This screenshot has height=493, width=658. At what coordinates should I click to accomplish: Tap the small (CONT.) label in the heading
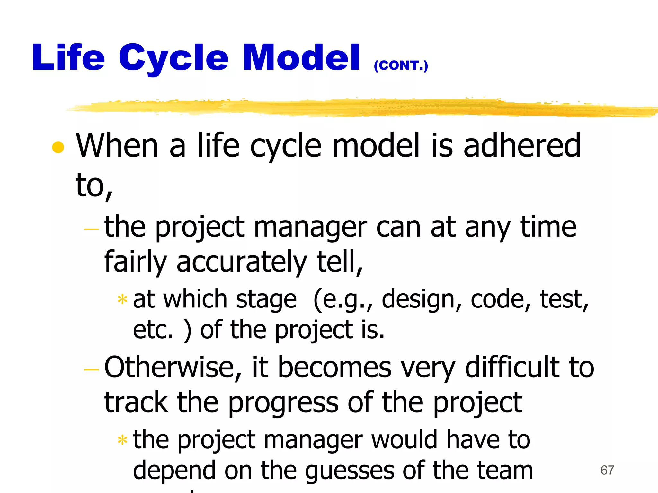click(401, 65)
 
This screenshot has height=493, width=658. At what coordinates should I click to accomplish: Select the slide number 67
click(607, 470)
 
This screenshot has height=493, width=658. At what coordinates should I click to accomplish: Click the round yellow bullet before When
click(58, 147)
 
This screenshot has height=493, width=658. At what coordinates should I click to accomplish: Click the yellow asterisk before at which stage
click(122, 300)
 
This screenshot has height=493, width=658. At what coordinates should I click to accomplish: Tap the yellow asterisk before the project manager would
click(122, 440)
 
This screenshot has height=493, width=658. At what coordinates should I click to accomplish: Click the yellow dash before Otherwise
click(91, 370)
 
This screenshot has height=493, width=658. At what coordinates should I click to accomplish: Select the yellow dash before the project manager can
click(91, 229)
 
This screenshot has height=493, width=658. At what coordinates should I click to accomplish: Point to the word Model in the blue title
click(301, 58)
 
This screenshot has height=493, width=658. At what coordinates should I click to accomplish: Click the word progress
click(283, 403)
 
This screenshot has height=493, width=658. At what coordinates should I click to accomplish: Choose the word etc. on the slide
click(153, 331)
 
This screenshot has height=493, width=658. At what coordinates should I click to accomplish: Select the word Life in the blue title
click(68, 58)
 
